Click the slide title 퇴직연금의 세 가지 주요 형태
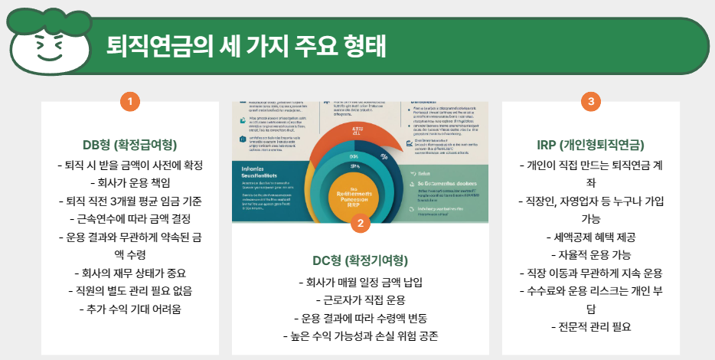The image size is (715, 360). (246, 46)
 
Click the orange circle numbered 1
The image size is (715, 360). (130, 101)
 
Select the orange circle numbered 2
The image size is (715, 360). (360, 224)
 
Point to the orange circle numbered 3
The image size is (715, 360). (589, 101)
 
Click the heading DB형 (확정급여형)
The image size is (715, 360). (130, 146)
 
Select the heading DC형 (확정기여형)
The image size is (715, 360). (360, 260)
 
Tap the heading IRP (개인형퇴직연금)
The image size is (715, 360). (589, 146)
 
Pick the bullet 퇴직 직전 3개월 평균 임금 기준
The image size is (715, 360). (130, 201)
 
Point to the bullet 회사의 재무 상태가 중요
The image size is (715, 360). (130, 273)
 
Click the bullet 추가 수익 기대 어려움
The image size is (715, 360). (130, 309)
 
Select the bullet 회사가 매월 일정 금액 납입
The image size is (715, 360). (360, 281)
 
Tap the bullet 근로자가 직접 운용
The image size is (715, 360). (360, 299)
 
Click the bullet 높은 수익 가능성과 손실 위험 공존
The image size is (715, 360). (360, 335)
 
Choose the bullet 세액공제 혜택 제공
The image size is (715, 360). (589, 237)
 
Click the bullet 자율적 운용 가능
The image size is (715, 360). (589, 254)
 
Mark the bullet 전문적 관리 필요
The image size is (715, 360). (589, 327)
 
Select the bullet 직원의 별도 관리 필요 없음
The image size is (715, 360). (130, 290)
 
